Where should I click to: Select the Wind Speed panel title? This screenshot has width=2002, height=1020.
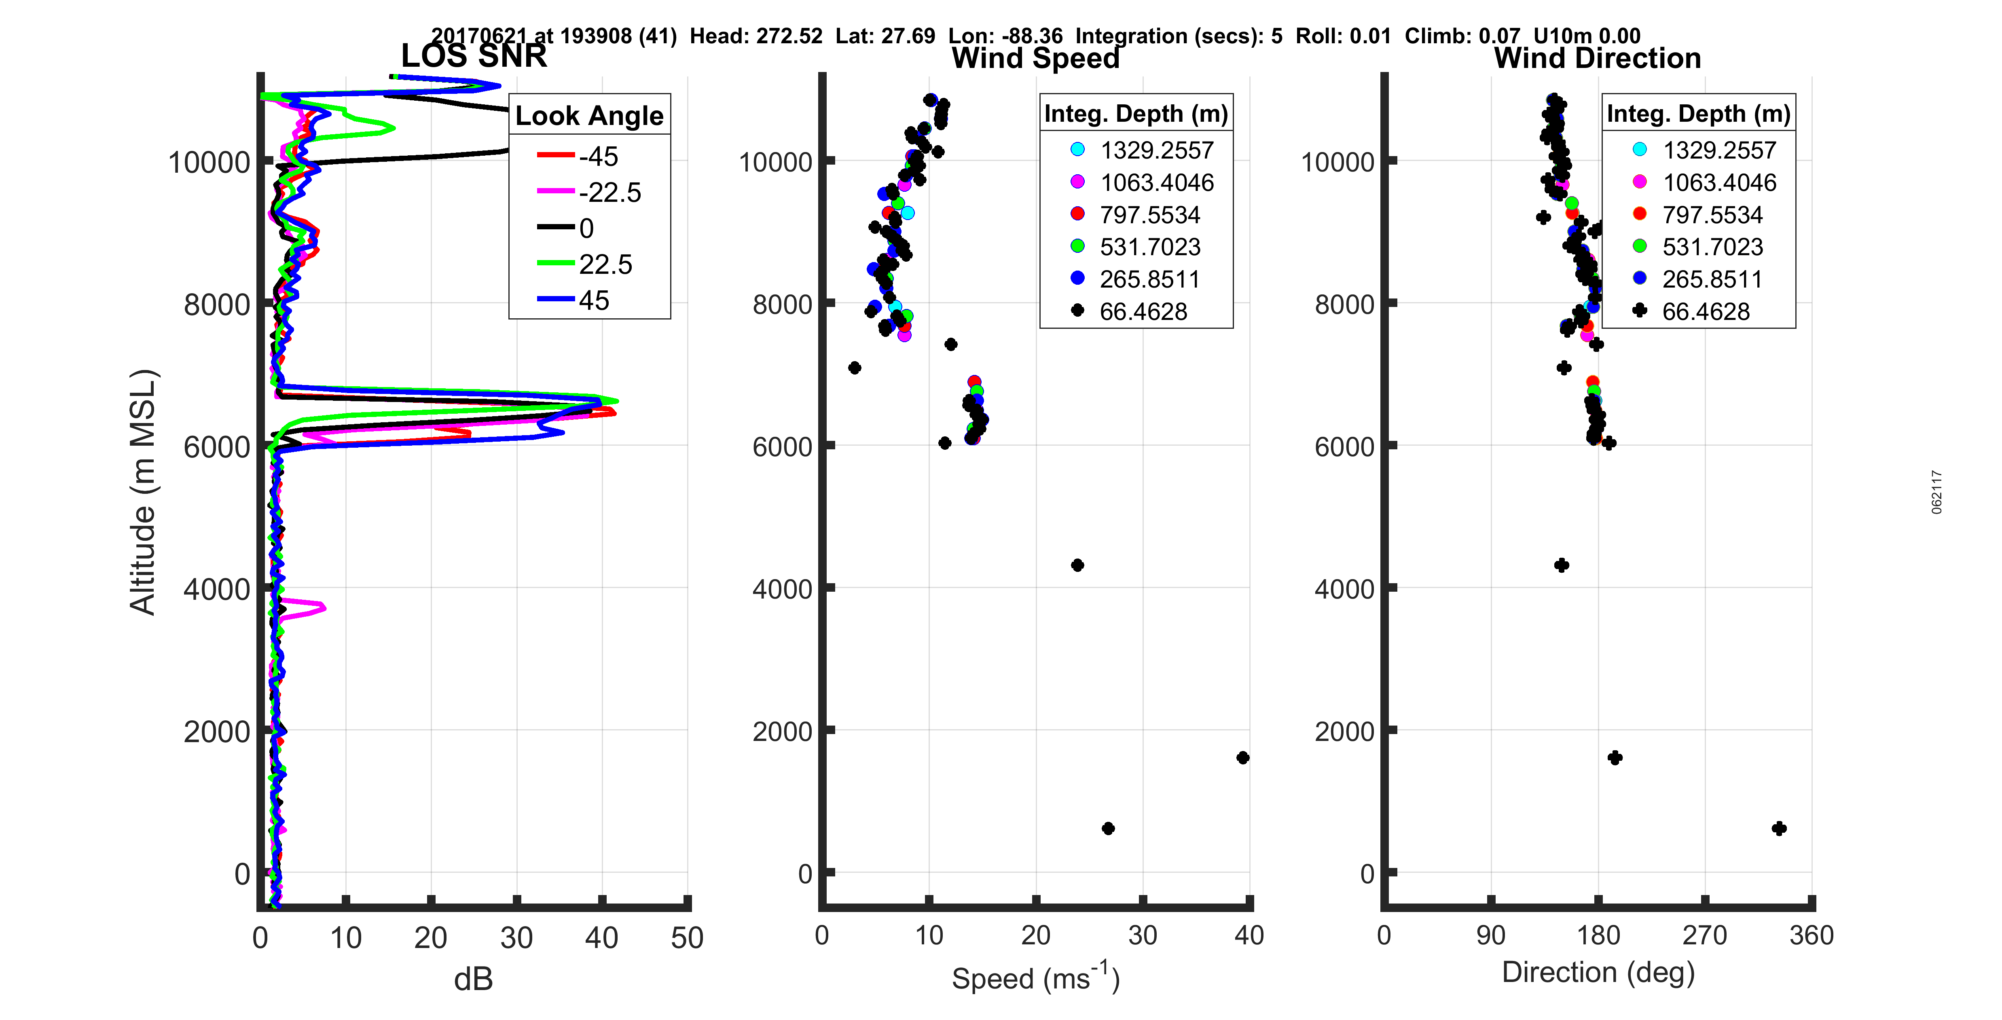(1035, 58)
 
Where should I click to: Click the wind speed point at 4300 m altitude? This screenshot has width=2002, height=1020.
(1077, 565)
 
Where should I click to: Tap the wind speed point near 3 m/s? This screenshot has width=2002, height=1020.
(854, 368)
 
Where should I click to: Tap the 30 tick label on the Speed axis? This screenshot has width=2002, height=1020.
(1143, 935)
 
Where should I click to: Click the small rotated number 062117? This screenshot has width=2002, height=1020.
(1937, 491)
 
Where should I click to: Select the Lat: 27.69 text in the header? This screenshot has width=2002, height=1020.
(885, 36)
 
